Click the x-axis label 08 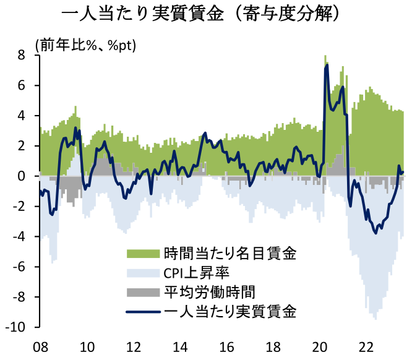(x=40, y=346)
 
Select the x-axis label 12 (x=133, y=346)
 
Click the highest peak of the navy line (x=327, y=65)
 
